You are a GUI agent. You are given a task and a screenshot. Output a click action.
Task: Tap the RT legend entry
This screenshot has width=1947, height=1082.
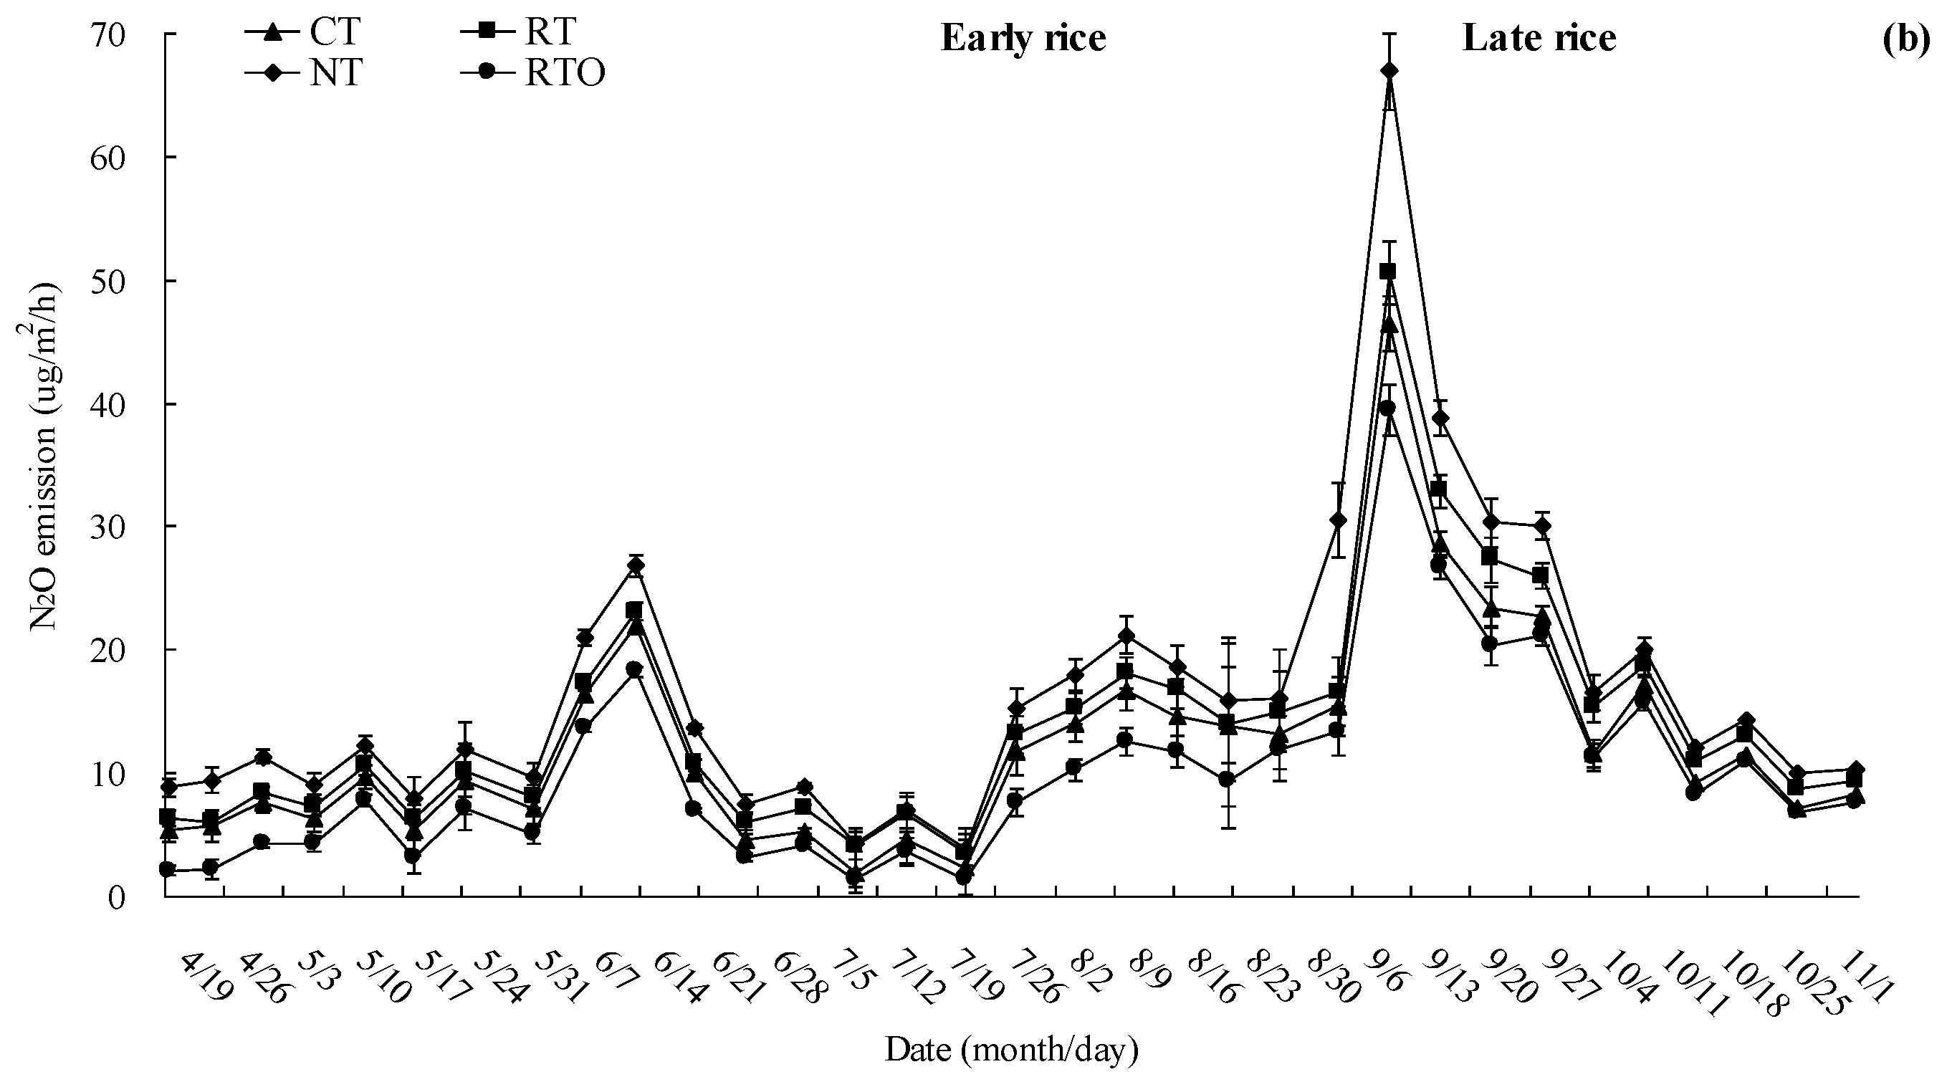click(517, 33)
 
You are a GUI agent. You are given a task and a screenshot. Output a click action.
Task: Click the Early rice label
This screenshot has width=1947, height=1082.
click(1023, 38)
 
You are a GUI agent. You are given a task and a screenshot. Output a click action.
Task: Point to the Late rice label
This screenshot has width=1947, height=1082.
click(1539, 38)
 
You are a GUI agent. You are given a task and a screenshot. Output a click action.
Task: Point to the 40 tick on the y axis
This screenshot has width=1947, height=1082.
click(128, 404)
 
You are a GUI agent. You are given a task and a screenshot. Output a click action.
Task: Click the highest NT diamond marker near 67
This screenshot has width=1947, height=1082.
click(1389, 71)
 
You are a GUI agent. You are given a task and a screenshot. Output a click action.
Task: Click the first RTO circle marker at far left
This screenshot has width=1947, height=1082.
click(168, 870)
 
